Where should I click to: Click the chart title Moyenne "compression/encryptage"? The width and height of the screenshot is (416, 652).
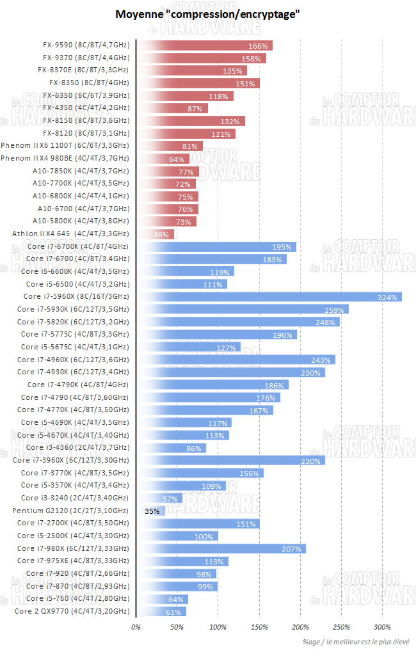coord(207,14)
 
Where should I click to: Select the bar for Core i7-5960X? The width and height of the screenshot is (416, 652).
coord(269,296)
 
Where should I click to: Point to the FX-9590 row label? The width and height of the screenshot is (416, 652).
coord(86,45)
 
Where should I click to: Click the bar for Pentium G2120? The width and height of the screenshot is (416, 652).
coord(151,511)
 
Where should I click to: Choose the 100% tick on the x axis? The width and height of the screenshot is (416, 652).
coord(218,626)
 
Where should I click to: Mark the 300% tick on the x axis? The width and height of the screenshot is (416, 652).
coord(382,626)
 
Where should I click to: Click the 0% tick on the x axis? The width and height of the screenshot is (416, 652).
coord(136,626)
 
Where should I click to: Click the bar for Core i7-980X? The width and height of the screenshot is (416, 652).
coord(221,548)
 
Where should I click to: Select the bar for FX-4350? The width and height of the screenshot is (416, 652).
coord(172,108)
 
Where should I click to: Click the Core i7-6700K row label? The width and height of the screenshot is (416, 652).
coord(77,246)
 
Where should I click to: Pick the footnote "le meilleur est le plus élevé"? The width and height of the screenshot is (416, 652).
coord(358,642)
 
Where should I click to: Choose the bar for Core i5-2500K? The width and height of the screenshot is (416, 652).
coord(177,536)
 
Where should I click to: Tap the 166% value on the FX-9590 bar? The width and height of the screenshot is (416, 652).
coord(258,46)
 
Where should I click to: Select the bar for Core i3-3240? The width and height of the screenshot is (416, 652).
coord(159,498)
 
